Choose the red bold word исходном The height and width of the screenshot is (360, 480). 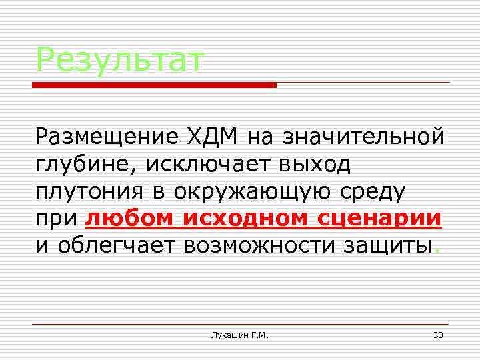point(246,218)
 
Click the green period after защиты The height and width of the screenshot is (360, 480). point(436,252)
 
